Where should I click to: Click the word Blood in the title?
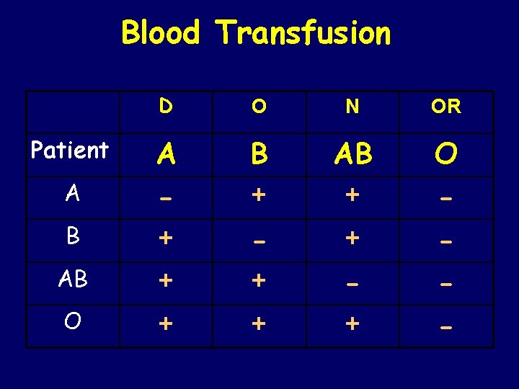coord(160,32)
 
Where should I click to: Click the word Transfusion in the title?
coord(303,32)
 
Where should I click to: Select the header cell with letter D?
coord(166,107)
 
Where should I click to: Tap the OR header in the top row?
coord(446,107)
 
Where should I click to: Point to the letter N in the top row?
coord(352,107)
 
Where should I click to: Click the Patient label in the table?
coord(70,151)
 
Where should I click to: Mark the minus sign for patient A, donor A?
coord(166,197)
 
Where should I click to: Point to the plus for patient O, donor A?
coord(166,325)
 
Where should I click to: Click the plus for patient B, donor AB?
coord(352,238)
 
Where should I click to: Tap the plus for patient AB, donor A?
coord(166,282)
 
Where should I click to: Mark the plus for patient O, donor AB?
coord(352,325)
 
